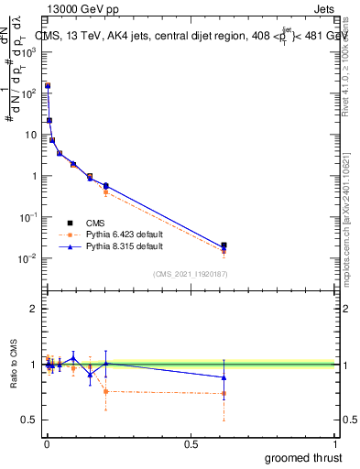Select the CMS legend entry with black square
[95, 222]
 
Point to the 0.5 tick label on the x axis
[191, 443]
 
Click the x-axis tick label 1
[335, 443]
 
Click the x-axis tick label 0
[47, 443]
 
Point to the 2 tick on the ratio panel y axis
[34, 309]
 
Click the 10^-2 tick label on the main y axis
[27, 258]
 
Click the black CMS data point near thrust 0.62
[224, 245]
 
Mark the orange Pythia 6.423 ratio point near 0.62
[224, 394]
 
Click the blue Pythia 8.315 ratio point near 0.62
[224, 377]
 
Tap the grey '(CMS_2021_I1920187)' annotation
[191, 273]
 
